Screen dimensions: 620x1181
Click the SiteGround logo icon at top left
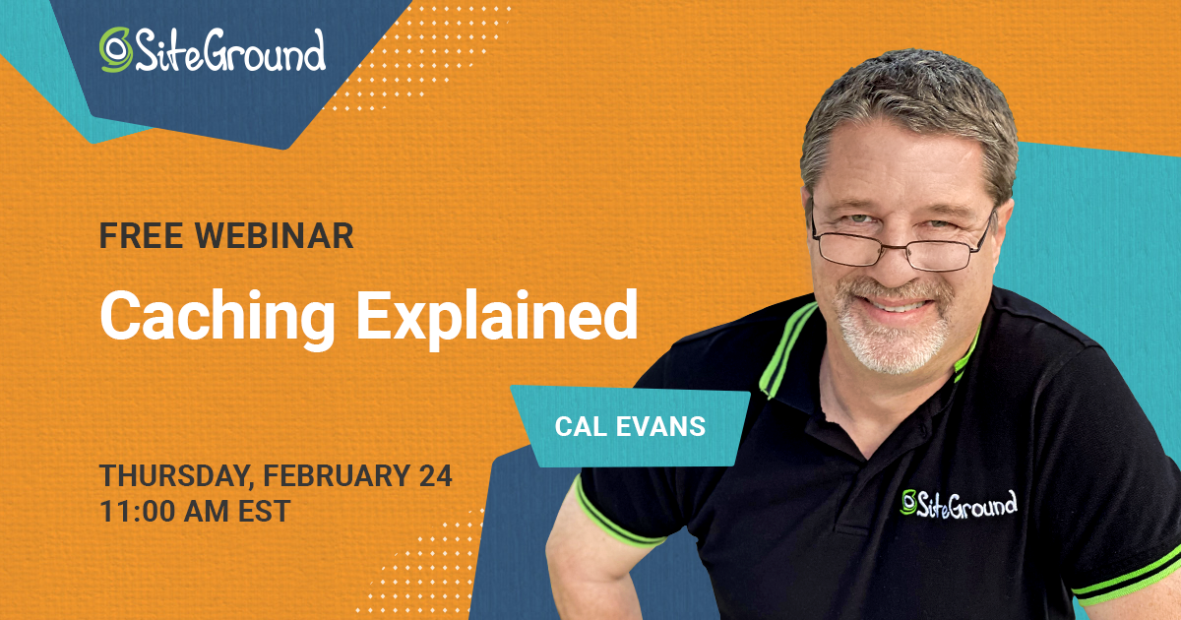coord(116,49)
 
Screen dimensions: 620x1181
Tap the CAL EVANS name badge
coord(630,427)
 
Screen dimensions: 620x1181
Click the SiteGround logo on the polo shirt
coord(959,503)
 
